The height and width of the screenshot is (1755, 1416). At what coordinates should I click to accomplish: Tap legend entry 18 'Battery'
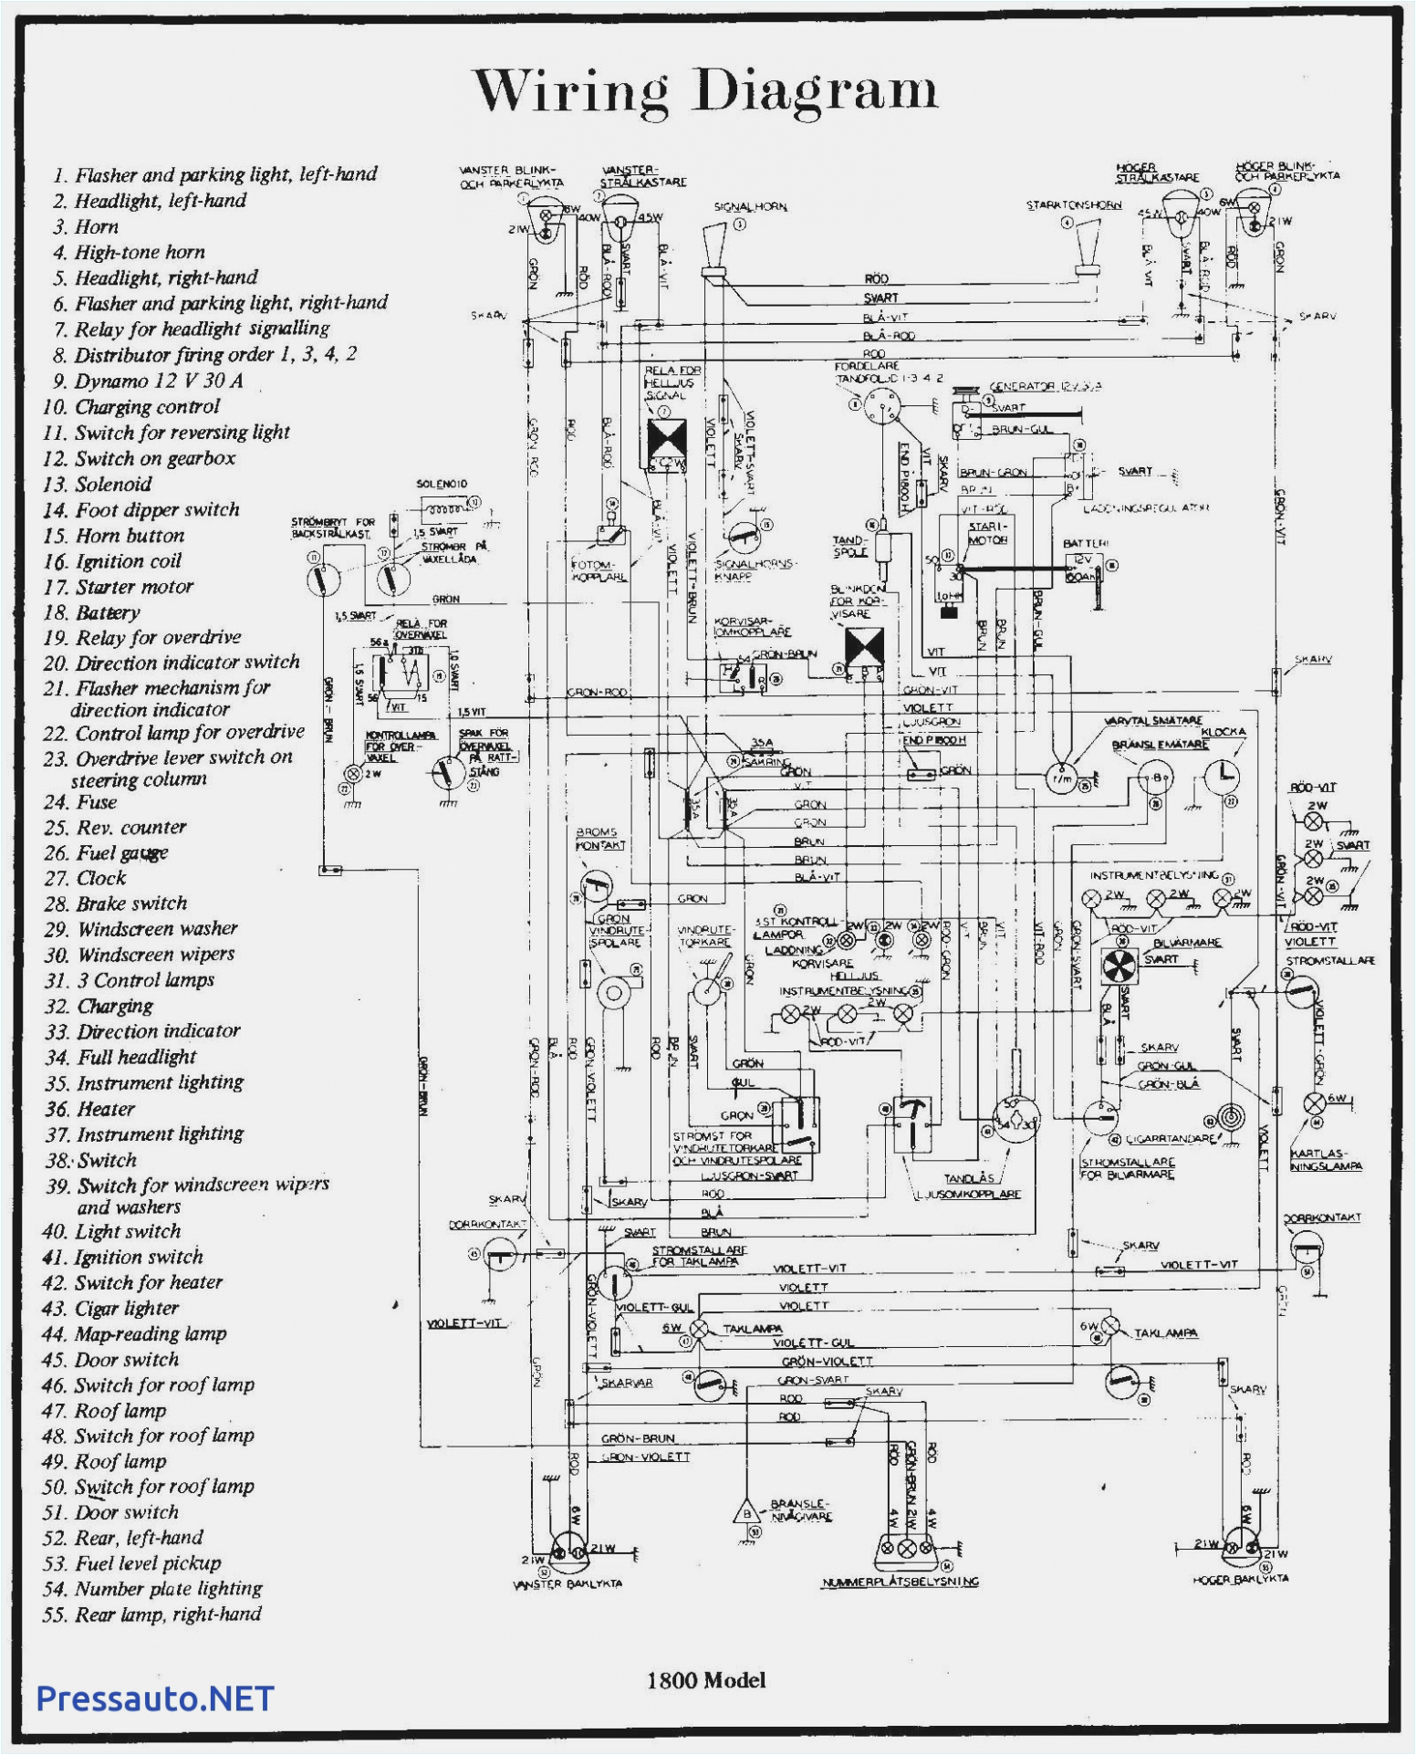point(108,612)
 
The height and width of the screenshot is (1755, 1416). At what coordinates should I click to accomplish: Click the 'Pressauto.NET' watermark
point(155,1698)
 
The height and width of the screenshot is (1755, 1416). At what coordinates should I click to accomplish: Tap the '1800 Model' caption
point(706,1680)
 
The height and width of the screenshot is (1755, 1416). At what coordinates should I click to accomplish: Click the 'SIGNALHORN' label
point(750,207)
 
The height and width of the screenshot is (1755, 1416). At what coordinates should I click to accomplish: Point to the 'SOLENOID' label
point(442,484)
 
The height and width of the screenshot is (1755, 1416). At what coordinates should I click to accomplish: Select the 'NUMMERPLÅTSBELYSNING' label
point(900,1582)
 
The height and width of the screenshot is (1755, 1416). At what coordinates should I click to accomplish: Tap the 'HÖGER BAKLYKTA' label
point(1240,1579)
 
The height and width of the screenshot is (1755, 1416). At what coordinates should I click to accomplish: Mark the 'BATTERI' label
point(1086,544)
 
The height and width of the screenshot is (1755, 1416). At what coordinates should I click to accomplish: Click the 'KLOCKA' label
point(1223,732)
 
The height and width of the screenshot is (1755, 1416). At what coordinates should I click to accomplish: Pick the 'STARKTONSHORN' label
point(1074,205)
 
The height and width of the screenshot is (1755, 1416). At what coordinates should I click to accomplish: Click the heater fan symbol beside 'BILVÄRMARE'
point(1119,966)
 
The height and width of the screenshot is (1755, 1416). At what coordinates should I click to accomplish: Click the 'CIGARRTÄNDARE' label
point(1171,1139)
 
